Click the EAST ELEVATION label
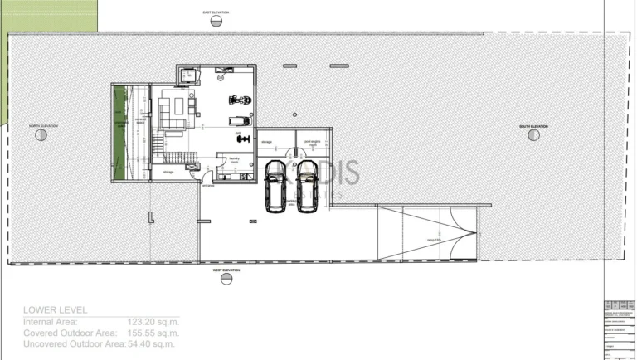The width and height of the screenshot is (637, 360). (x=216, y=12)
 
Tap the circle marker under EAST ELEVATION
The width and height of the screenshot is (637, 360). (x=216, y=23)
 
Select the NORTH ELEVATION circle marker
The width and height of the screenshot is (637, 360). (x=41, y=135)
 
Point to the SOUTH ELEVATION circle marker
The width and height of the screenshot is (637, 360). (x=533, y=135)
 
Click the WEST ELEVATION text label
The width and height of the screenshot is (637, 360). (x=226, y=270)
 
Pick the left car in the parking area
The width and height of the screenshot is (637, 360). (x=275, y=187)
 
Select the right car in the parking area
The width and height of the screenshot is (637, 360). (x=305, y=187)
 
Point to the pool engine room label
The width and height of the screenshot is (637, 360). (x=311, y=143)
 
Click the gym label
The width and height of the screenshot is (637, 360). (x=238, y=133)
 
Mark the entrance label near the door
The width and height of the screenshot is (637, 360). (x=207, y=185)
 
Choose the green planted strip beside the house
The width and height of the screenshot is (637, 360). (x=121, y=134)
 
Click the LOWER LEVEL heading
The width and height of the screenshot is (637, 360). (x=55, y=309)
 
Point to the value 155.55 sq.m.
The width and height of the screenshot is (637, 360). (x=153, y=332)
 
